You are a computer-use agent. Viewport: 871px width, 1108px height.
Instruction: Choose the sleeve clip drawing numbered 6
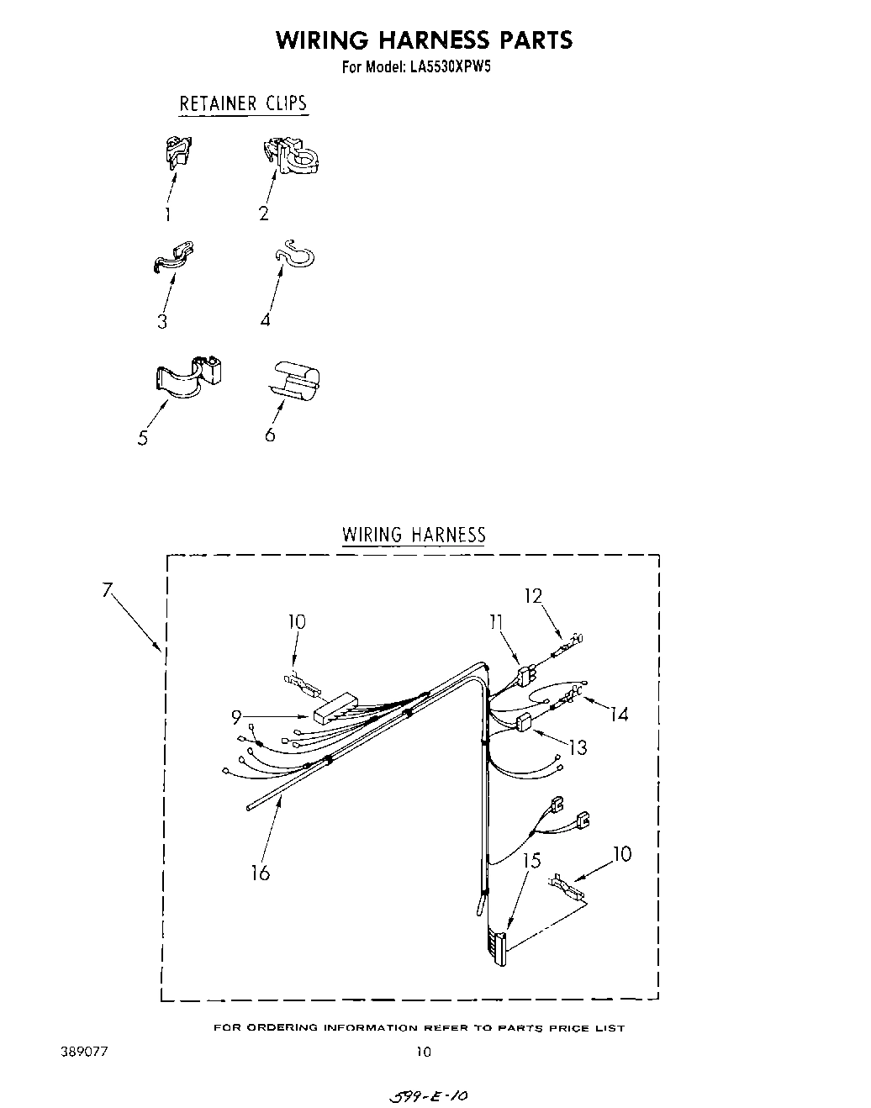(x=294, y=378)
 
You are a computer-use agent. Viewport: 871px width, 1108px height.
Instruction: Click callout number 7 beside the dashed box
(x=108, y=589)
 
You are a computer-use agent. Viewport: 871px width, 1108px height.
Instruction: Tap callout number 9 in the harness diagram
(x=237, y=716)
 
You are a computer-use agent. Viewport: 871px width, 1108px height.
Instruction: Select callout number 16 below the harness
(x=261, y=873)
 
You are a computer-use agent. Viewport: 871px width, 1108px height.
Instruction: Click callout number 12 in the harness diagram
(x=533, y=595)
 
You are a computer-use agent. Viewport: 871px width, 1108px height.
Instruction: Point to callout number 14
(x=620, y=714)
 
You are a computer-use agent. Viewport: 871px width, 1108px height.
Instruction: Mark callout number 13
(x=578, y=746)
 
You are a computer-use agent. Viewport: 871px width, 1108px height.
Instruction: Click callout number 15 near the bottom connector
(x=531, y=861)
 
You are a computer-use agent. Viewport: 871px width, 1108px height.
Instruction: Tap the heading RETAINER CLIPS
(x=243, y=103)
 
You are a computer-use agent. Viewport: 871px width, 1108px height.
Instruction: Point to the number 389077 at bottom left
(x=83, y=1051)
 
